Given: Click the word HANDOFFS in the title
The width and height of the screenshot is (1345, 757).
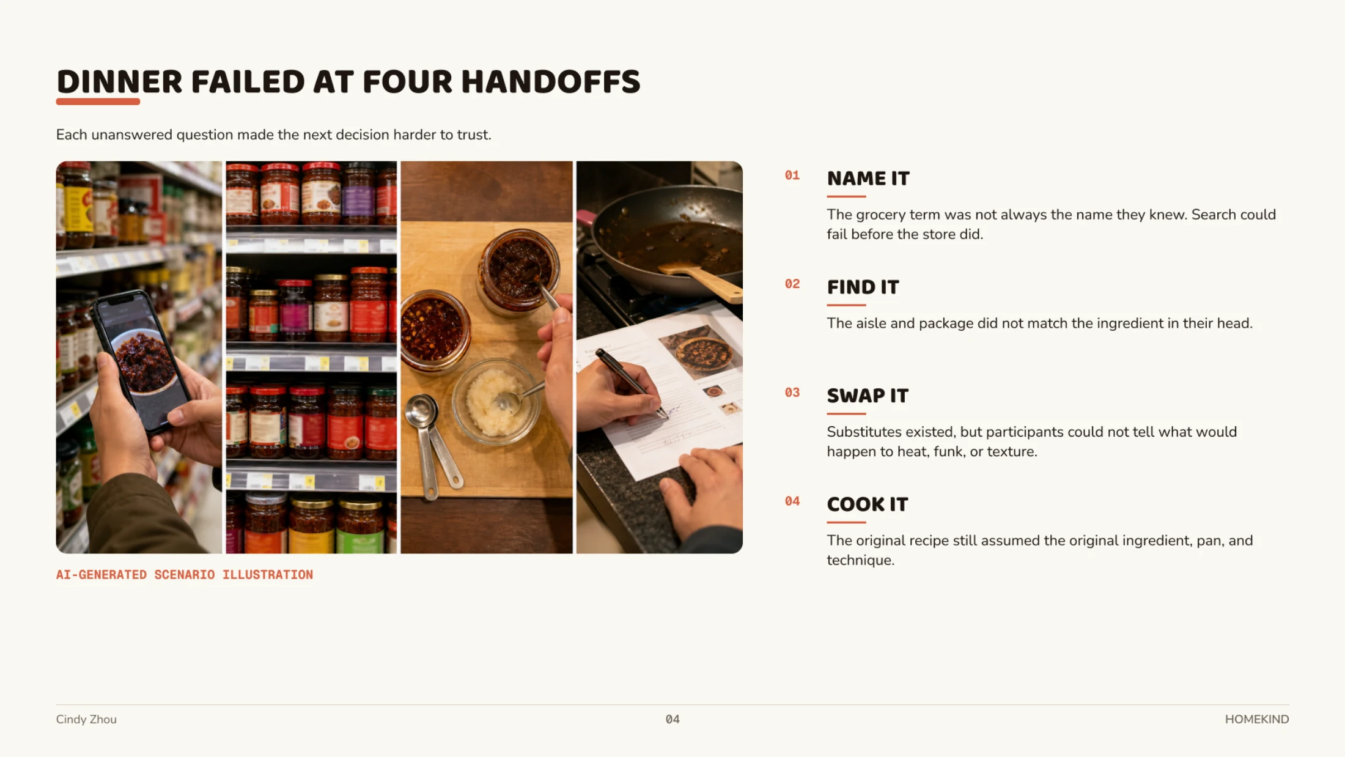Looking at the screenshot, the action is click(x=550, y=82).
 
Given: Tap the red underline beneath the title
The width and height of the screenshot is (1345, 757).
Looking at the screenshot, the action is click(x=98, y=102).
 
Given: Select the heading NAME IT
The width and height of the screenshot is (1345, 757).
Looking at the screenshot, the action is click(x=868, y=179).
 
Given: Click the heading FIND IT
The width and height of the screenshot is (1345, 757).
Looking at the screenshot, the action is click(x=863, y=287).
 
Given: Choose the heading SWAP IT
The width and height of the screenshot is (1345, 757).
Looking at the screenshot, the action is click(x=868, y=396).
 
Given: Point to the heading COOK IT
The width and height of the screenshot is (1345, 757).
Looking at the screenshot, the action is click(x=868, y=504).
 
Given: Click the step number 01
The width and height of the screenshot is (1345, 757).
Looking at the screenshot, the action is click(x=792, y=175).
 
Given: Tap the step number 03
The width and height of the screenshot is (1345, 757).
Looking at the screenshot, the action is click(x=792, y=393).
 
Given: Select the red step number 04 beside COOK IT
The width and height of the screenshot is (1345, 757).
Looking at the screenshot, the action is click(x=792, y=501).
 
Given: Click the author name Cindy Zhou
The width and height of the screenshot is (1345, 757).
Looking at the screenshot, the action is click(x=86, y=720).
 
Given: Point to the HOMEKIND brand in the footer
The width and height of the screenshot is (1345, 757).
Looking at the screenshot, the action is click(x=1257, y=720).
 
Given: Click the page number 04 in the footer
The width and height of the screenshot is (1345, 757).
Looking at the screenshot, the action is click(x=672, y=720).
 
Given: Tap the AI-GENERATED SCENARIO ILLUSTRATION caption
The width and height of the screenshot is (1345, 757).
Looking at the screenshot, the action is click(x=185, y=575).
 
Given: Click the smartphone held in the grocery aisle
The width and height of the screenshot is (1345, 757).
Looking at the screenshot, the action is click(x=141, y=361).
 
